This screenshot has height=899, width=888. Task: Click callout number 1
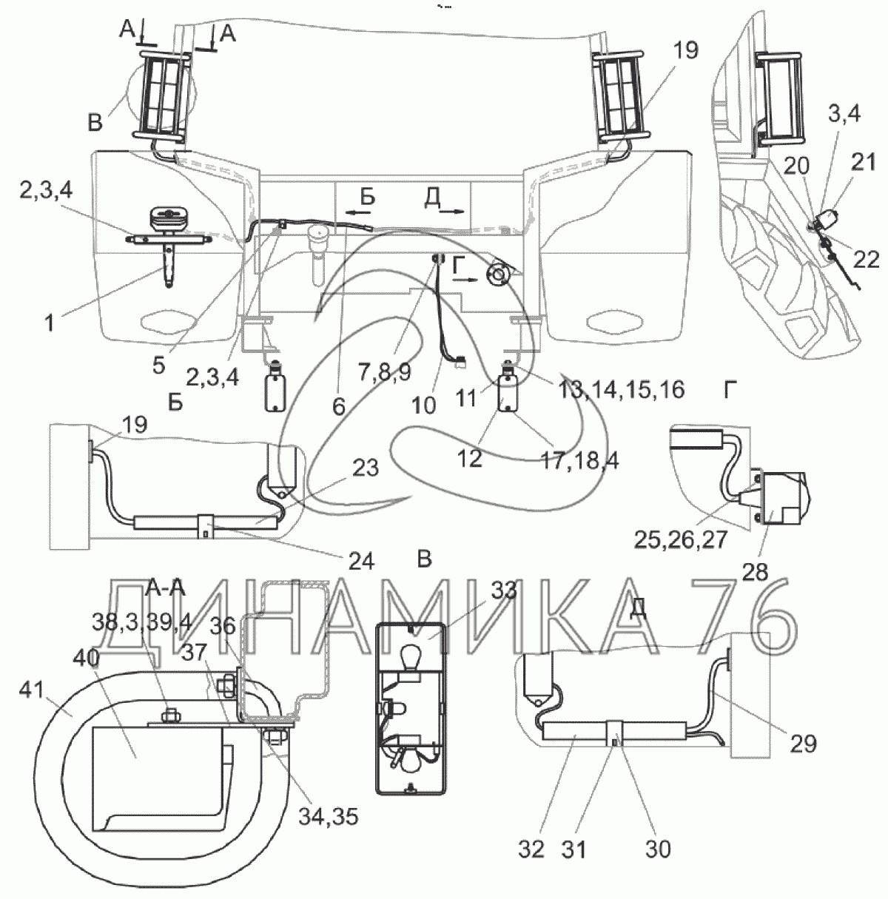point(49,323)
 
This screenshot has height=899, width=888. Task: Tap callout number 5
point(158,366)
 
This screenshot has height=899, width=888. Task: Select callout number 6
point(338,407)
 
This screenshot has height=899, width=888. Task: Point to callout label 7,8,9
point(385,372)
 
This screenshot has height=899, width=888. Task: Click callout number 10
point(424,406)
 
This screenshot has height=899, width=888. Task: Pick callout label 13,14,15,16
point(621,389)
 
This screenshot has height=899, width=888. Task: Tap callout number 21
point(864,162)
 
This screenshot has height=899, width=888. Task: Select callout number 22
point(866,260)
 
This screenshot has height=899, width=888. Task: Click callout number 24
point(362,561)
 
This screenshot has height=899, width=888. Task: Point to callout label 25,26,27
point(681,540)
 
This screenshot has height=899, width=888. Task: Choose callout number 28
point(755,572)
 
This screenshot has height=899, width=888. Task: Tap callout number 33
point(503,590)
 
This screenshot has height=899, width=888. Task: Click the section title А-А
point(165,588)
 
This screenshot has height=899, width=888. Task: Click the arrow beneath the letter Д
point(451,212)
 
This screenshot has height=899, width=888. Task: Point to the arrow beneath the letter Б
point(358,212)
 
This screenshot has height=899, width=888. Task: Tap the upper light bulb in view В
point(408,652)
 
